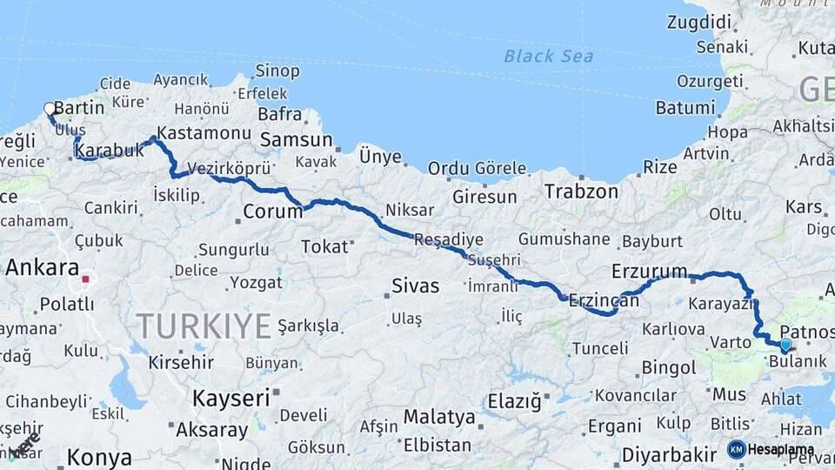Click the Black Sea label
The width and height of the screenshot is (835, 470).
549,57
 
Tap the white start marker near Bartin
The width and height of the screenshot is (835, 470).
50,110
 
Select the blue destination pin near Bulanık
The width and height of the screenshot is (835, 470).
785,346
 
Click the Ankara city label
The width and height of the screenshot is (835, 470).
42,267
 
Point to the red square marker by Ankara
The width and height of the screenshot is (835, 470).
86,279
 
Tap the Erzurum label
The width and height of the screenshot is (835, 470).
649,271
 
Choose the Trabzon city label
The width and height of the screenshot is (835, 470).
581,191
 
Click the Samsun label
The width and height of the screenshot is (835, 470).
296,139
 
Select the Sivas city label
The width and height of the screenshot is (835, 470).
415,285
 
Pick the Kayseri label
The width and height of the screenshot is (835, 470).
230,399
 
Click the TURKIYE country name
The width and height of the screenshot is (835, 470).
204,326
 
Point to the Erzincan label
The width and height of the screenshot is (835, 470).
603,301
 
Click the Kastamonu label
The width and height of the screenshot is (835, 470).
204,134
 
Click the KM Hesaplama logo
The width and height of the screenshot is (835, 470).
771,449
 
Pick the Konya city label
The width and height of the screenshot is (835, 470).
99,457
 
